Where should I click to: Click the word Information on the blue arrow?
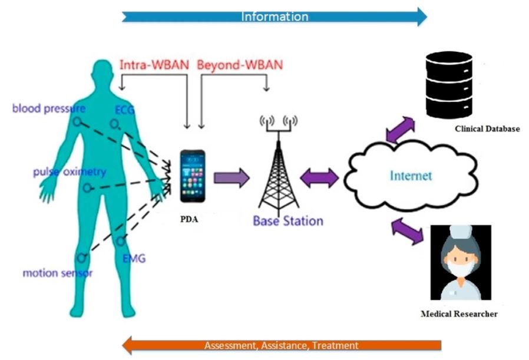[275, 16]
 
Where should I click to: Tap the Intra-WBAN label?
[154, 64]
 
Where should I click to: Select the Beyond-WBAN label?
[240, 65]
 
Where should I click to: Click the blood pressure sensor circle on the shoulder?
[77, 122]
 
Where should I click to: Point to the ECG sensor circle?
[114, 124]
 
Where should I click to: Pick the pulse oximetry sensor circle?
[87, 188]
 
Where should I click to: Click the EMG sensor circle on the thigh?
[120, 241]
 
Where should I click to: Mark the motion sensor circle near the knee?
[81, 259]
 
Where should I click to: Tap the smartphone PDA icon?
[193, 176]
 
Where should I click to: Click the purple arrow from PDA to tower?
[232, 178]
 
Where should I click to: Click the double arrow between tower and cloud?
[319, 178]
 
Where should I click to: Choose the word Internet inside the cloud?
[411, 176]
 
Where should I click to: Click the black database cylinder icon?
[449, 85]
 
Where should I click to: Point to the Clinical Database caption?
[487, 128]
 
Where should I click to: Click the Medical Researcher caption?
[459, 314]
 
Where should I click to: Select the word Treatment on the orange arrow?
[335, 345]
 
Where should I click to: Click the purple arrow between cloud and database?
[400, 130]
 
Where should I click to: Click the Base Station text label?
[288, 221]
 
